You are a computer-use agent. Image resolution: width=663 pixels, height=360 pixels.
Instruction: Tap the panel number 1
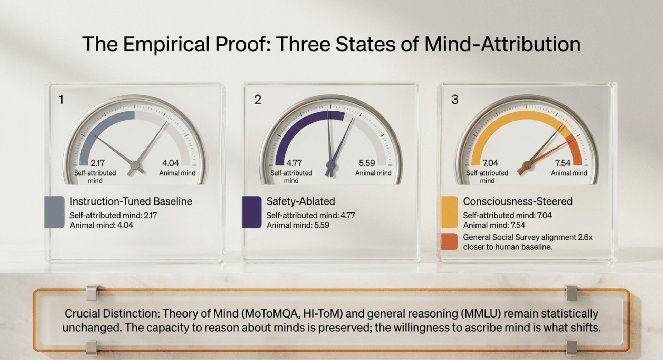[61, 100]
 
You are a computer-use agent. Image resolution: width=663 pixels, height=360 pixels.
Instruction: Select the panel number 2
[258, 100]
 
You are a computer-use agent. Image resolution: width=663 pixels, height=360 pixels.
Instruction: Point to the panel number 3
[455, 100]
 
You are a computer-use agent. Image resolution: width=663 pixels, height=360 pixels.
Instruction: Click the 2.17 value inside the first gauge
[97, 163]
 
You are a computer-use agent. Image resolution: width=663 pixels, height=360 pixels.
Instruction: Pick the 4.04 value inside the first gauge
[171, 163]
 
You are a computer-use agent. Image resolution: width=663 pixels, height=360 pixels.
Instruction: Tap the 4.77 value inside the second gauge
[294, 163]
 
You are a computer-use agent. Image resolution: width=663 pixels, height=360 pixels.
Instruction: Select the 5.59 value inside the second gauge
[367, 163]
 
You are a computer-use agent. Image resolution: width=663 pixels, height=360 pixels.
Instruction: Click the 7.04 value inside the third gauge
[490, 163]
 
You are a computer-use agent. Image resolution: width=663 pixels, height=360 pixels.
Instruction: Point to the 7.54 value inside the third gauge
[563, 163]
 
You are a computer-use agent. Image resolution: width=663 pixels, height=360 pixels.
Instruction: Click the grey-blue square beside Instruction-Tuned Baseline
[54, 212]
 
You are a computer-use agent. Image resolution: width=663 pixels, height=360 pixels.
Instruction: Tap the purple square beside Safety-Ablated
[251, 212]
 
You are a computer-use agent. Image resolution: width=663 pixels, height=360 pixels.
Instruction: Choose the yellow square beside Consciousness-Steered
[449, 212]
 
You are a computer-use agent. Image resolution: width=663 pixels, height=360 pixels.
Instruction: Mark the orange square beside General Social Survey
[449, 242]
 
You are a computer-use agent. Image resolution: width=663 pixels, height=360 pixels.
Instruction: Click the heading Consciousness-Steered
[518, 201]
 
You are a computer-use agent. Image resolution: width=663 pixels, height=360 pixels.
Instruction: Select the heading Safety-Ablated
[300, 201]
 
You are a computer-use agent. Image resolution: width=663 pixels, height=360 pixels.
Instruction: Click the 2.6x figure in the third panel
[585, 237]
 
